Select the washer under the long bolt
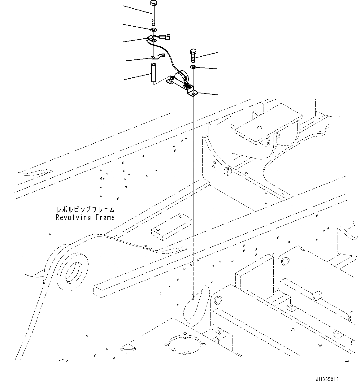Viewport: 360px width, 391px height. click(x=154, y=29)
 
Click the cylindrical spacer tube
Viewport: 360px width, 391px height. click(x=153, y=73)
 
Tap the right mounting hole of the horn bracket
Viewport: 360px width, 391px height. click(x=193, y=93)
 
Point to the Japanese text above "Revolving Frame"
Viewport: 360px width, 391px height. click(x=85, y=210)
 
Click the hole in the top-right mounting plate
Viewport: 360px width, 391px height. click(x=259, y=127)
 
